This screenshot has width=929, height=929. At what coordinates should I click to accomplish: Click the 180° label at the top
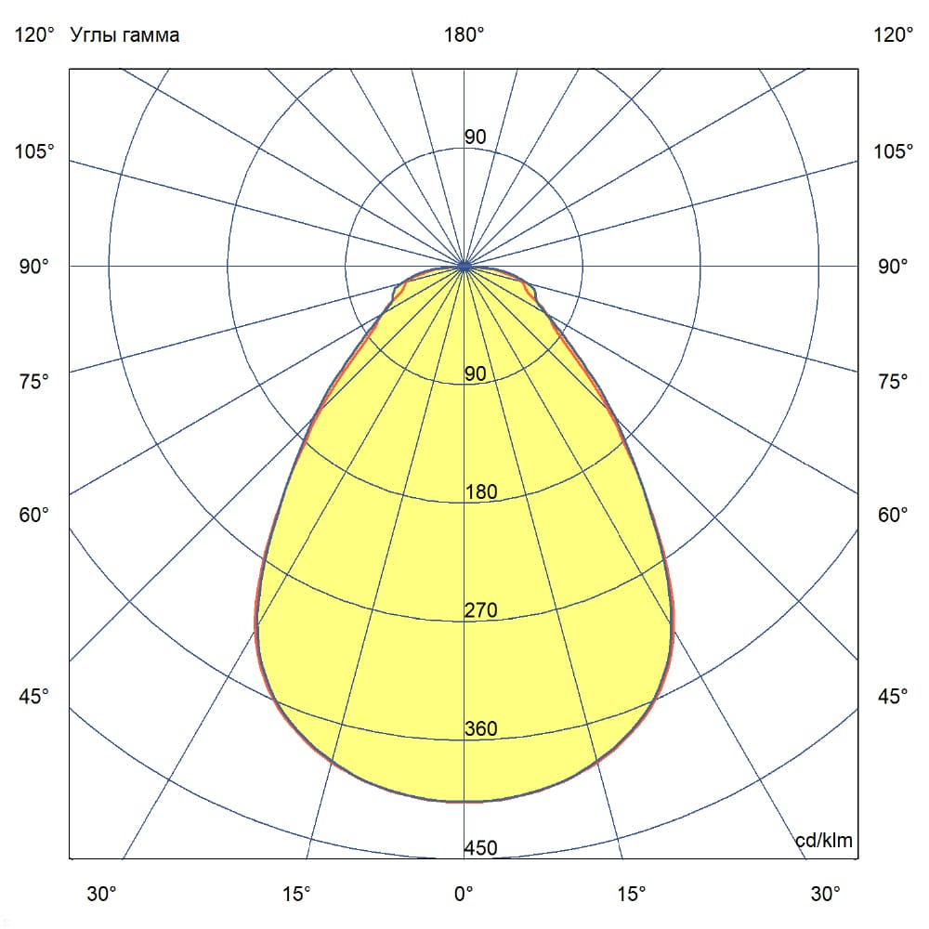click(x=464, y=35)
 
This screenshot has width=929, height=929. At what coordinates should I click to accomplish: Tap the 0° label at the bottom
click(x=464, y=894)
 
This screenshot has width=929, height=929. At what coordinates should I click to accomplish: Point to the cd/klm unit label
click(x=824, y=841)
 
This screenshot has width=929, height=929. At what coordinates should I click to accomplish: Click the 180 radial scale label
click(x=481, y=492)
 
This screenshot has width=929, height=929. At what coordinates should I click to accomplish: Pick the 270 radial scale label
click(x=481, y=610)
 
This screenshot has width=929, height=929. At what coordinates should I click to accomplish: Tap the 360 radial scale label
click(x=481, y=729)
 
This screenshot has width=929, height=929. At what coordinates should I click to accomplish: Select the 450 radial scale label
click(x=481, y=848)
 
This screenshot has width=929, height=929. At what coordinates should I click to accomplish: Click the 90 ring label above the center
click(x=475, y=137)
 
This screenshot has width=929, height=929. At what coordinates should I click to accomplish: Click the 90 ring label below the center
click(x=475, y=374)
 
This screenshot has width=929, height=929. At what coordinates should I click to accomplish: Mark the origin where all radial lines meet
click(x=464, y=267)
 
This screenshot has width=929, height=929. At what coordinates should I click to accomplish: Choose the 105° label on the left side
click(x=34, y=151)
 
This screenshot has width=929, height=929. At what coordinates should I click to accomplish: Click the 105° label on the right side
click(x=894, y=151)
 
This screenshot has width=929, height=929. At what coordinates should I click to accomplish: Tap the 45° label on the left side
click(x=34, y=697)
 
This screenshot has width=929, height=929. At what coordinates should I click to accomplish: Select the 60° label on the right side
click(x=894, y=516)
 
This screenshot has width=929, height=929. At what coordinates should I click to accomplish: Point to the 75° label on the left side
click(x=34, y=381)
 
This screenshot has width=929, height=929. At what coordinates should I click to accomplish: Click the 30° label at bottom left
click(x=102, y=894)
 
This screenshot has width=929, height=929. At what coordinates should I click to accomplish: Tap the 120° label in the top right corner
click(x=894, y=35)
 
